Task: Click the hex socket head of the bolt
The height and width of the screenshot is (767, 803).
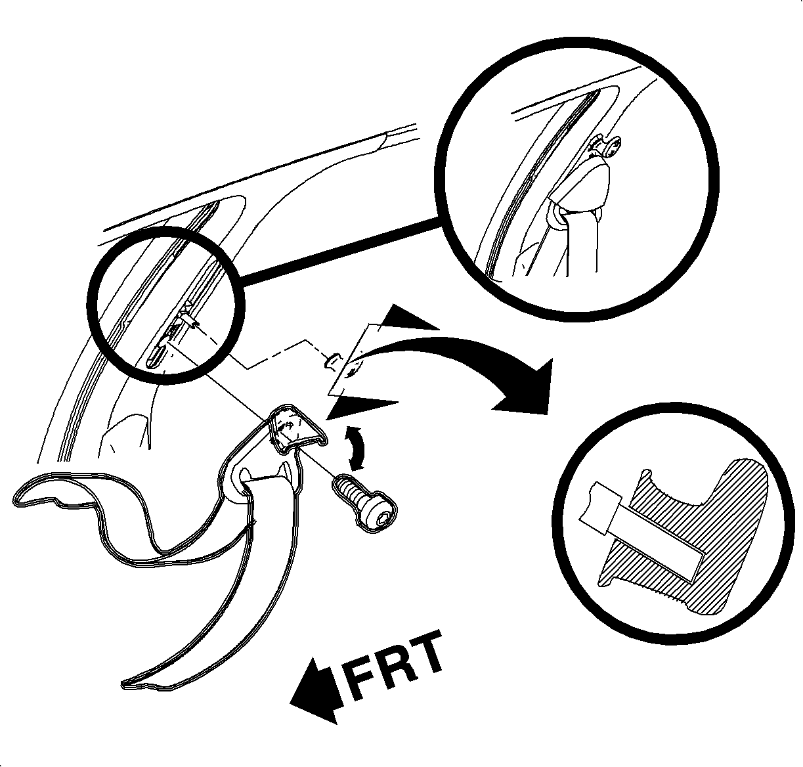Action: [x=381, y=517]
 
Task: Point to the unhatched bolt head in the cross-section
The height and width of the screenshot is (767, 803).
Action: [x=598, y=508]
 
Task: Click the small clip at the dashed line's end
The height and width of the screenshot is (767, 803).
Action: [x=334, y=360]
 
